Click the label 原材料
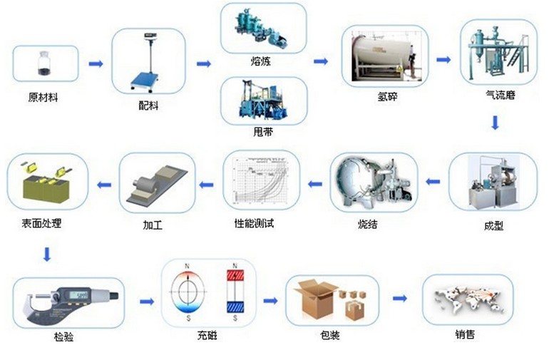pos(43,98)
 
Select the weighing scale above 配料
pos(149,63)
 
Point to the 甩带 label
pos(263,132)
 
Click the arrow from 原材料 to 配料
pos(96,64)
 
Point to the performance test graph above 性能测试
pos(260,182)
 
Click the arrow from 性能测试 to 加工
pos(207,185)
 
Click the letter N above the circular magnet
pos(188,267)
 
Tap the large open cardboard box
pos(315,299)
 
